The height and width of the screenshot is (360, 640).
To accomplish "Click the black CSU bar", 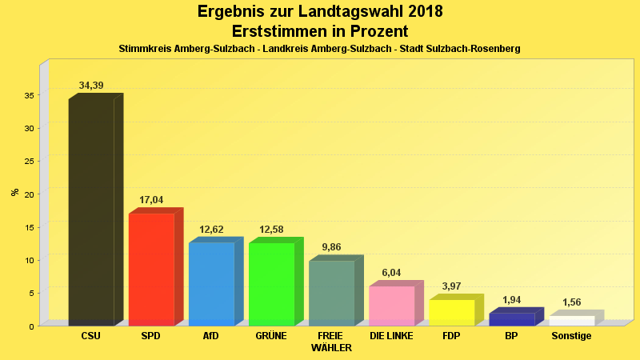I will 91,212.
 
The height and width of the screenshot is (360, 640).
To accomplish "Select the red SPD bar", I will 151,269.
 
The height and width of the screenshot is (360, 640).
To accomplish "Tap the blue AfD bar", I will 211,283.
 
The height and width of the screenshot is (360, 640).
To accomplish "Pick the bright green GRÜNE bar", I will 271,283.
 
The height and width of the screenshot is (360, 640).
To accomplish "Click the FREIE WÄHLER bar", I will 331,292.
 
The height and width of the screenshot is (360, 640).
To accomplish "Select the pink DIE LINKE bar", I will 391,305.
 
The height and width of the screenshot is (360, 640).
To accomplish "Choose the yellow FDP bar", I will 451,312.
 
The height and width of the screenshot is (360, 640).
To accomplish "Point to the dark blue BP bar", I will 511,318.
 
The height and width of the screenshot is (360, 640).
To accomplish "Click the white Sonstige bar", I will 571,320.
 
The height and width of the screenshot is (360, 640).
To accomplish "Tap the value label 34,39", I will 91,86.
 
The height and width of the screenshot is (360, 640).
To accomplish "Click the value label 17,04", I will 151,201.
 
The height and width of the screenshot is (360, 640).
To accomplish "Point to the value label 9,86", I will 331,247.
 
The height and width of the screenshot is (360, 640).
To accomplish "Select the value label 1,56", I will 571,302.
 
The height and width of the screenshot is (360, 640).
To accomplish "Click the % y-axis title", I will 14,192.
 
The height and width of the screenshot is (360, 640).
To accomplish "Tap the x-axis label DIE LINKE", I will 391,336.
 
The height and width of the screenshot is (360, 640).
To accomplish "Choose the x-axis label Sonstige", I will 571,336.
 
